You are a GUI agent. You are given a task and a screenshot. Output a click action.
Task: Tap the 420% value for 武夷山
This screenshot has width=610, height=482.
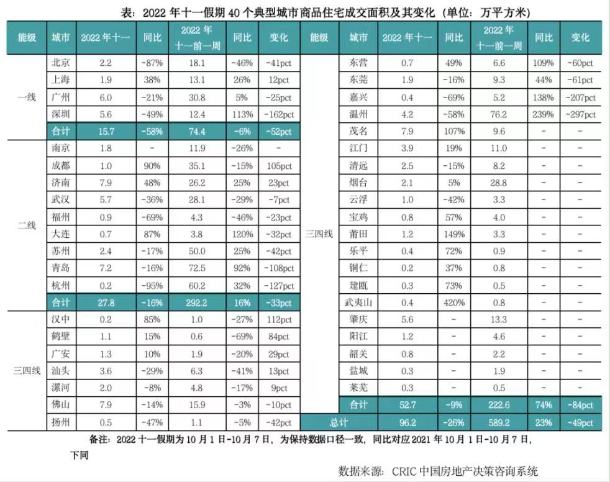click(x=454, y=302)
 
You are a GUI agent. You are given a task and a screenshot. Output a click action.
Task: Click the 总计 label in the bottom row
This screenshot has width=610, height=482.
click(x=339, y=422)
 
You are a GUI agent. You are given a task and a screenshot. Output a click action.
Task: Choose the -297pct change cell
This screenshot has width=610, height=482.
click(x=580, y=114)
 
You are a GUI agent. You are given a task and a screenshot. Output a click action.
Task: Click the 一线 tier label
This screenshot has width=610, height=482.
click(x=27, y=97)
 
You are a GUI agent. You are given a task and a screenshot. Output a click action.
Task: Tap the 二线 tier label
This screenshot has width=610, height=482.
click(x=27, y=225)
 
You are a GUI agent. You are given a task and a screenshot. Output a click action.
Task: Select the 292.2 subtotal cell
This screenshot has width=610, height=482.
click(x=199, y=302)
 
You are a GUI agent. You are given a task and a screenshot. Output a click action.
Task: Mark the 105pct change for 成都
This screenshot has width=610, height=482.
click(x=279, y=166)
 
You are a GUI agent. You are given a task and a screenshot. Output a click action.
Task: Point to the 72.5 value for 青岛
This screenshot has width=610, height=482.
click(x=199, y=269)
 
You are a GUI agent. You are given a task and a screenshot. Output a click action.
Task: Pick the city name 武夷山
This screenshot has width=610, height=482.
click(x=358, y=302)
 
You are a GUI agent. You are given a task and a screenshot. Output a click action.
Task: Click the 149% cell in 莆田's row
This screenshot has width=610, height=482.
click(x=454, y=235)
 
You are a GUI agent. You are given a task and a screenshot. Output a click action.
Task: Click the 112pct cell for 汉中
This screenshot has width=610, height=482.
click(x=279, y=321)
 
